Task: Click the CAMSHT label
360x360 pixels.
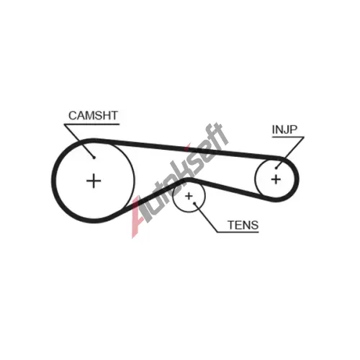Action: tap(93, 115)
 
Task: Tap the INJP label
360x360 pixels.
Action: tap(284, 130)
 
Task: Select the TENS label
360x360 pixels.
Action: tap(243, 225)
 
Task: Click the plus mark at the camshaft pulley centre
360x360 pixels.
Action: tap(94, 181)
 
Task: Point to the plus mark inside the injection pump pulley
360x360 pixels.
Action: tap(276, 179)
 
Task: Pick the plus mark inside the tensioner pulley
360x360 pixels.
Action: tap(189, 196)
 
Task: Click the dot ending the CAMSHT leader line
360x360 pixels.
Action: tap(94, 158)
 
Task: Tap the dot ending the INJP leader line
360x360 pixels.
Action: tap(276, 168)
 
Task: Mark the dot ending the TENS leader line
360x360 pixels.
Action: tap(194, 203)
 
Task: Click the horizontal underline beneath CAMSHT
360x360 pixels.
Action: tap(91, 125)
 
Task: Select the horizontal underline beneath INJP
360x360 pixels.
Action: tap(288, 138)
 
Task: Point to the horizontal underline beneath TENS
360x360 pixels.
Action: tap(238, 232)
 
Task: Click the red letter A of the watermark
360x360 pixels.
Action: tap(138, 216)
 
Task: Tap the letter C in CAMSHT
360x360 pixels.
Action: tap(73, 115)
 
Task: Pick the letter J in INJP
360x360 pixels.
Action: tap(287, 130)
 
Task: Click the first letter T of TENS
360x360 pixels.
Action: tap(232, 225)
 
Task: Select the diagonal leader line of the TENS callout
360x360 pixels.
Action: tap(206, 217)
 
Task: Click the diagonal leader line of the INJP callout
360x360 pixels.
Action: tap(290, 153)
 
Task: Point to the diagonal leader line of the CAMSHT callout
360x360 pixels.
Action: tap(79, 141)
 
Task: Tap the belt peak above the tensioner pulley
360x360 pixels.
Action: tap(189, 179)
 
